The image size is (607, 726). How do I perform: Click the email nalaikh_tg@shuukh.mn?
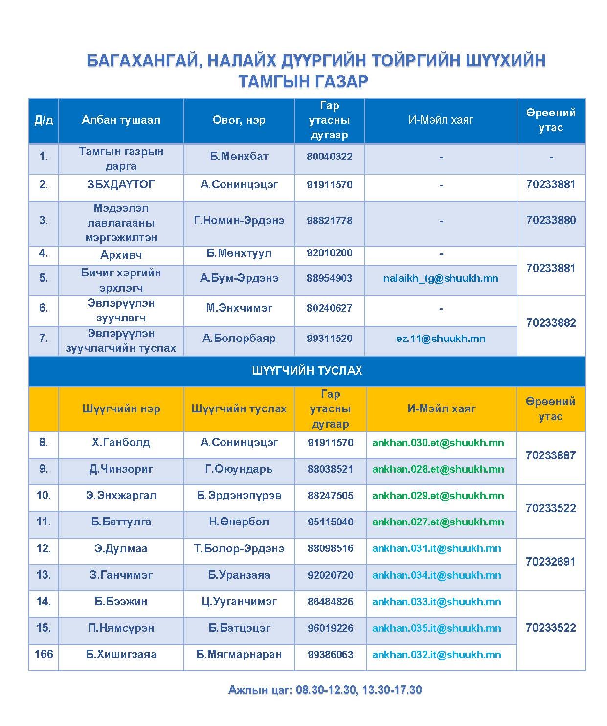coord(441,278)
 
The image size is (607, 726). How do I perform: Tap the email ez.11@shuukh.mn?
coord(441,339)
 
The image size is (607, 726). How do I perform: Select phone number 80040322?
coord(329,157)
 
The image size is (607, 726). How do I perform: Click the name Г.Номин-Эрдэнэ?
coord(239,220)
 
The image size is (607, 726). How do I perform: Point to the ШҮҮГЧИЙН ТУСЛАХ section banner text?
coord(307,371)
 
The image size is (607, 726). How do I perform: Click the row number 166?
coord(44,654)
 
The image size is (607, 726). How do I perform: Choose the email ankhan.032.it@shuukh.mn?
coord(436,655)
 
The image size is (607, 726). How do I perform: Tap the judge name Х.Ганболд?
coord(121,443)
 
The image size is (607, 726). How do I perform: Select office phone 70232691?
coord(550,562)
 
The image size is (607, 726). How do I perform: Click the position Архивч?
coord(121,255)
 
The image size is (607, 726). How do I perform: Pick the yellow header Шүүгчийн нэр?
coord(121,409)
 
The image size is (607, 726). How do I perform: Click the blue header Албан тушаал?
coord(121,120)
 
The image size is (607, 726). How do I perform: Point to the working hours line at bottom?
coord(325,690)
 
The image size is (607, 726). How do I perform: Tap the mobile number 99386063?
coord(330,655)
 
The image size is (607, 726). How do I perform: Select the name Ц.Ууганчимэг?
coord(239,601)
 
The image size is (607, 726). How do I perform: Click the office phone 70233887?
coord(550,455)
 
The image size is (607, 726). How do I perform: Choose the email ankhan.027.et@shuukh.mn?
coord(438,522)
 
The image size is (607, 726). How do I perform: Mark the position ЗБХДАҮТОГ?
coord(121,185)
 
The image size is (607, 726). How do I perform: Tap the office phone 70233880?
coord(551,220)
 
